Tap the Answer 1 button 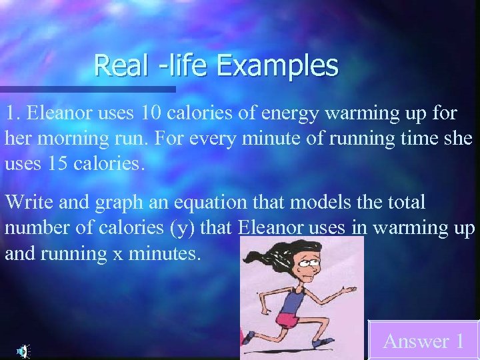[423, 341]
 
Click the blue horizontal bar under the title [87, 89]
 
